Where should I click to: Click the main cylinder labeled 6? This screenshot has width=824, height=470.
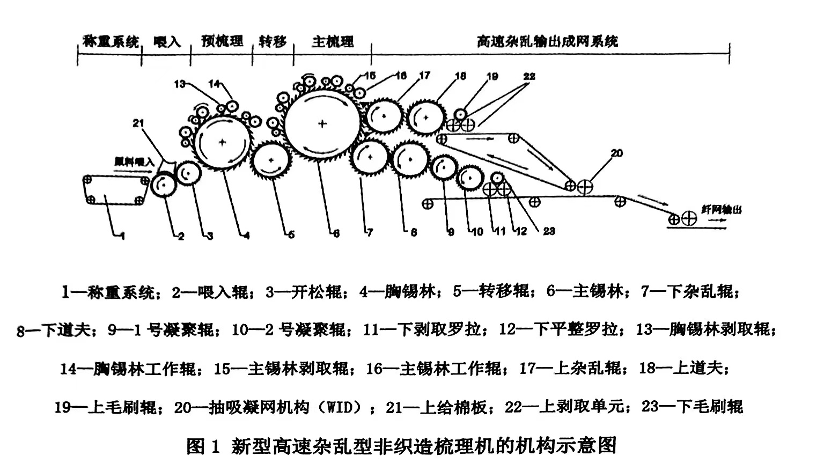(x=322, y=124)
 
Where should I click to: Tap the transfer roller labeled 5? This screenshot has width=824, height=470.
(x=271, y=160)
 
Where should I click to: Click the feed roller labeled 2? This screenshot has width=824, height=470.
(x=164, y=186)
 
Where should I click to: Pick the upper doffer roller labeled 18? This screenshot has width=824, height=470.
(x=426, y=116)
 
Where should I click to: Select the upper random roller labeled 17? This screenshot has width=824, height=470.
(x=384, y=116)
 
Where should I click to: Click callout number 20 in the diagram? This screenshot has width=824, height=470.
(x=616, y=153)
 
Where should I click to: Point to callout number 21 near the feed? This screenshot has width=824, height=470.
(x=138, y=123)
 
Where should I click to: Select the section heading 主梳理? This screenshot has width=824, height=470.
(x=333, y=41)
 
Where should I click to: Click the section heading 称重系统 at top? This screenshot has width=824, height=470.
(x=111, y=41)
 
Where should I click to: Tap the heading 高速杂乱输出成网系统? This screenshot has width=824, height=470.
(x=547, y=41)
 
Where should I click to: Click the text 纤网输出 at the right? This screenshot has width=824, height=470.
(x=721, y=210)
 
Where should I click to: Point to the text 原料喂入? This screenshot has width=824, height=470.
(x=134, y=161)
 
